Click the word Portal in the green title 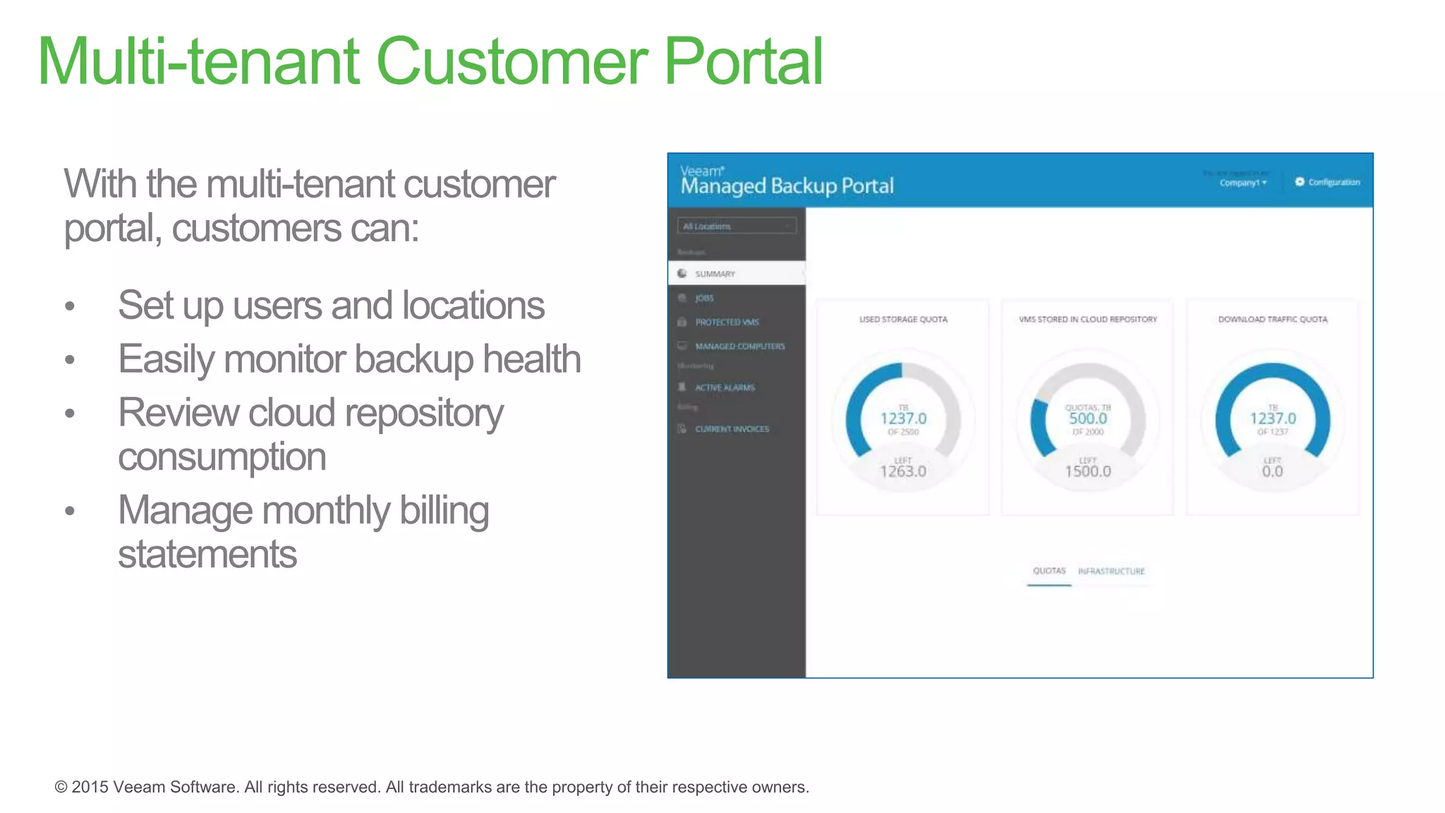[x=744, y=62]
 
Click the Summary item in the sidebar [x=715, y=274]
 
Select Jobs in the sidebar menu [x=704, y=298]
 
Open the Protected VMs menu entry [x=727, y=322]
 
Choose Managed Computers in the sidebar [x=739, y=346]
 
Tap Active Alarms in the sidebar [x=725, y=387]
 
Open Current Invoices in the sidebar [x=732, y=429]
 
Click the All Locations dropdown [x=737, y=226]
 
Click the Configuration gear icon [x=1300, y=182]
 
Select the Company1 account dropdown [x=1243, y=183]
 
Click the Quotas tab [x=1049, y=571]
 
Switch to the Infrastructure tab [x=1111, y=571]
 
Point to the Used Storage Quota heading [x=903, y=320]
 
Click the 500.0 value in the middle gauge [x=1088, y=418]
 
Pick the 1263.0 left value [x=903, y=471]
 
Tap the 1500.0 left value [x=1088, y=471]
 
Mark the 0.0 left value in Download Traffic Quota [x=1272, y=471]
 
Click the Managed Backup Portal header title [x=787, y=186]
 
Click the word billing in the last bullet [x=444, y=510]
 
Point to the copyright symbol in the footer [x=61, y=787]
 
